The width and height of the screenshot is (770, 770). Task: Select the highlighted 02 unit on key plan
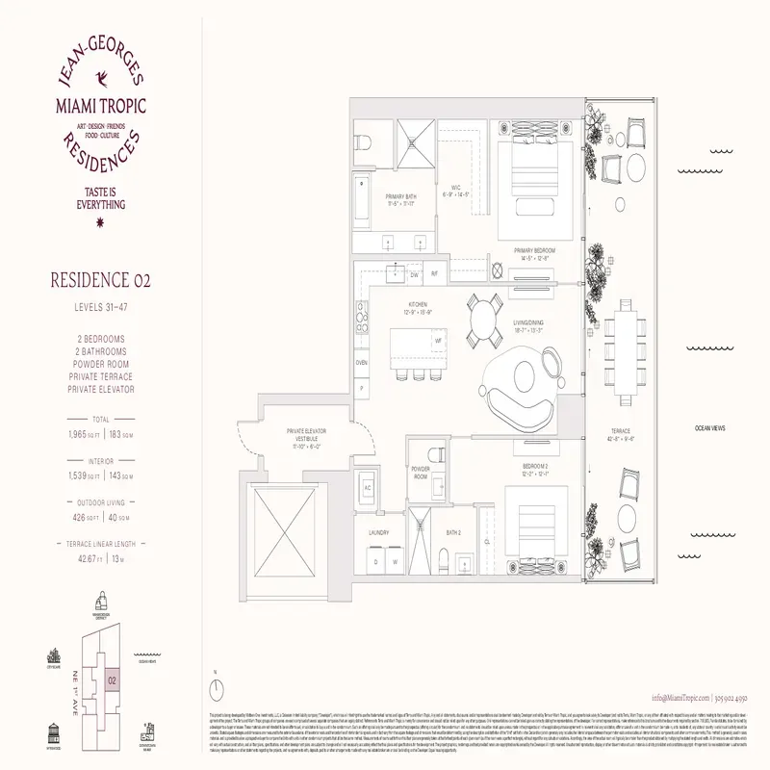pos(112,680)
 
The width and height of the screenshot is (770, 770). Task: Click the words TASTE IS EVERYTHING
pos(101,198)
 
